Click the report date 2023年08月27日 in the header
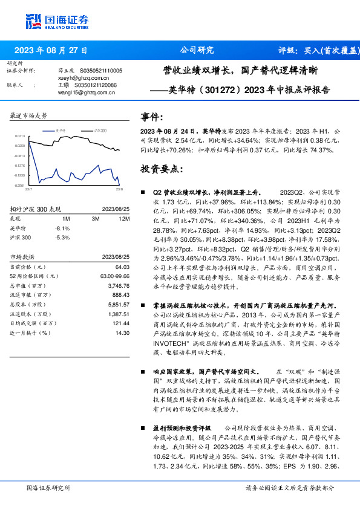[51, 50]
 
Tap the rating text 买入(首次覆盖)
[332, 50]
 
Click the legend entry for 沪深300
[99, 130]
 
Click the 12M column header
[125, 219]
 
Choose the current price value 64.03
[123, 267]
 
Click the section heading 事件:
[151, 117]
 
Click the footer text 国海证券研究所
[48, 487]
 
